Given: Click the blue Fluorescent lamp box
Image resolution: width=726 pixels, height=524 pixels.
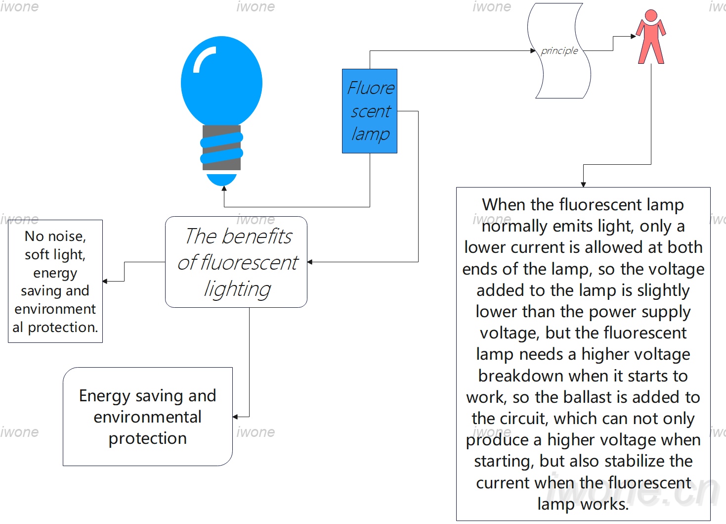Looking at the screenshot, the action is coord(370,111).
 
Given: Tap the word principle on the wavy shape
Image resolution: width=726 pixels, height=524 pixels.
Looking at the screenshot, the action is coord(559,51).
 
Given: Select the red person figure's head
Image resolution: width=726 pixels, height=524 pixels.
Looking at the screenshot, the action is coord(651,15).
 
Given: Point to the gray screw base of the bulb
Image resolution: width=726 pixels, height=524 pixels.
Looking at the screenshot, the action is coord(222,147).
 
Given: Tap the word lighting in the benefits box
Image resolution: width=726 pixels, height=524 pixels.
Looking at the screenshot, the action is coord(237,289).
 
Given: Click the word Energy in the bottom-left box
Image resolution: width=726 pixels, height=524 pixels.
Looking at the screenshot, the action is coord(104,396).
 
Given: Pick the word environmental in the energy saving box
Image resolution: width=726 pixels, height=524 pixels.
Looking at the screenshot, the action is coord(147,417).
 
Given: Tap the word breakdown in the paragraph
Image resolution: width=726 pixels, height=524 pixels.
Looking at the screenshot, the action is coord(521,376).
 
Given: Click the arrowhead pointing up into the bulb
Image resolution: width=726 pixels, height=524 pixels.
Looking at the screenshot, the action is coord(224,188).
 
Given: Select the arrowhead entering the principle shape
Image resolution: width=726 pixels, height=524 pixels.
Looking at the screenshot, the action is coord(533,50).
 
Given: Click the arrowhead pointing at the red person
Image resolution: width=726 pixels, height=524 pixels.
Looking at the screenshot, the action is coord(633,36).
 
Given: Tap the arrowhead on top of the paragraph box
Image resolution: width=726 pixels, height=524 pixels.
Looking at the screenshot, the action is coord(583,185).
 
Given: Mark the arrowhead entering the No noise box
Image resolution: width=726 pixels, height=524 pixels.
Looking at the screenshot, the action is coord(105,281).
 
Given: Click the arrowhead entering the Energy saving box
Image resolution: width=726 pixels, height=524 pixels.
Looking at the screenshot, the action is coord(235,417).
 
